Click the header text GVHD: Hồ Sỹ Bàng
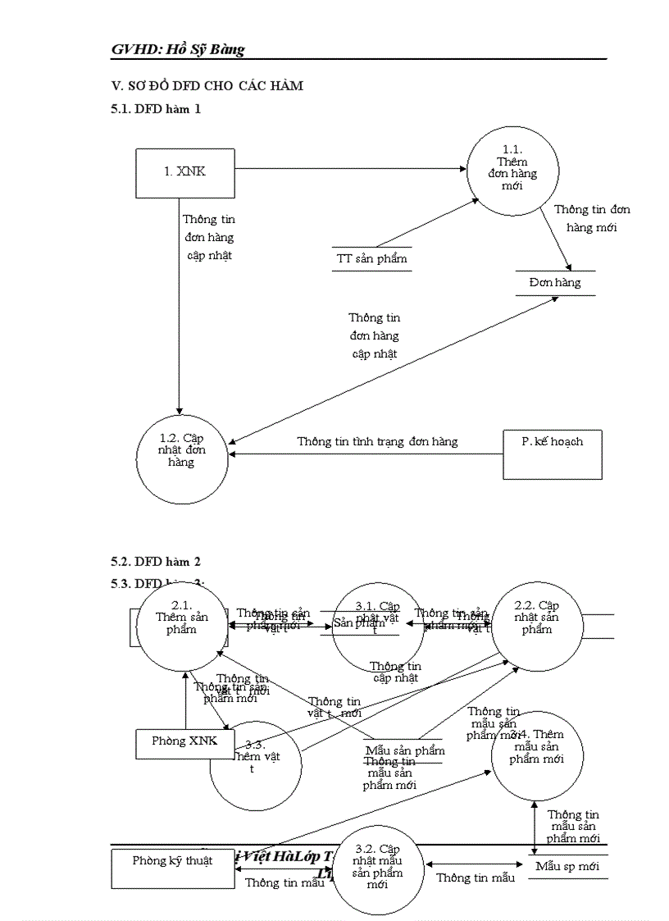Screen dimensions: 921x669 pos(178,49)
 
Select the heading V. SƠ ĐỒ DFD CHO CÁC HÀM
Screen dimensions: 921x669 pos(207,86)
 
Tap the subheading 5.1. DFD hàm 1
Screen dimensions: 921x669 pos(156,107)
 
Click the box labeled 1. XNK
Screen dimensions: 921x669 pos(185,172)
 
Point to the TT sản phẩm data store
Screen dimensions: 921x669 pos(371,258)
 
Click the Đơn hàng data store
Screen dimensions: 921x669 pos(555,282)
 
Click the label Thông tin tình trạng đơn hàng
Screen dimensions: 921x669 pos(377,441)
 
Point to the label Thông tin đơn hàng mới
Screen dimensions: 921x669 pos(591,218)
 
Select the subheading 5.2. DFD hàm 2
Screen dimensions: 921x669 pos(156,562)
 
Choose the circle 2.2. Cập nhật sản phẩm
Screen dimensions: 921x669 pos(537,627)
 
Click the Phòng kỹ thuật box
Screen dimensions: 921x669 pos(172,861)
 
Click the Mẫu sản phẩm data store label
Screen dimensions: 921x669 pos(404,750)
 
